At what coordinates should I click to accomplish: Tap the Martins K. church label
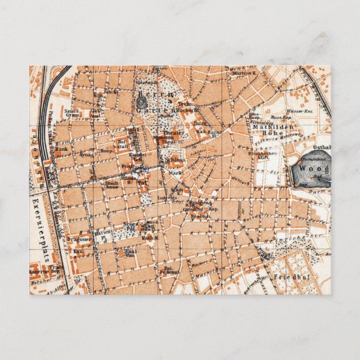[245, 73]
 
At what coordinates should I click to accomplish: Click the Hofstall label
[122, 145]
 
